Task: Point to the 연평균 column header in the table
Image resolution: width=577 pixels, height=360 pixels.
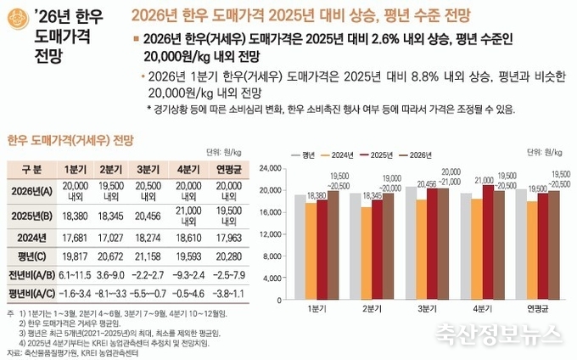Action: (x=227, y=168)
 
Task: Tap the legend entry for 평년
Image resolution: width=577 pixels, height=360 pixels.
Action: (x=307, y=155)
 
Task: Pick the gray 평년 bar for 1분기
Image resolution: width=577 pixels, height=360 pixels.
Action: (x=300, y=242)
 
